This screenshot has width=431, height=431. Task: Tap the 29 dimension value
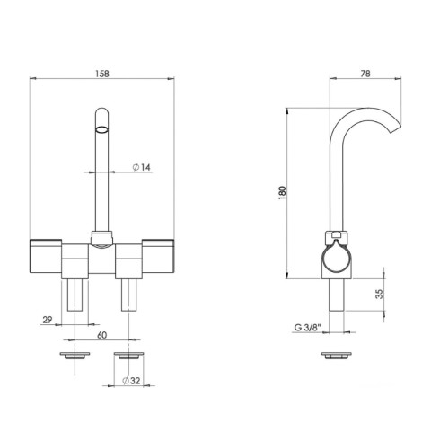click(47, 318)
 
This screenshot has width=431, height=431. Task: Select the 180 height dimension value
click(282, 193)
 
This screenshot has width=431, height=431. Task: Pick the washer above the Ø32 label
click(131, 356)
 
